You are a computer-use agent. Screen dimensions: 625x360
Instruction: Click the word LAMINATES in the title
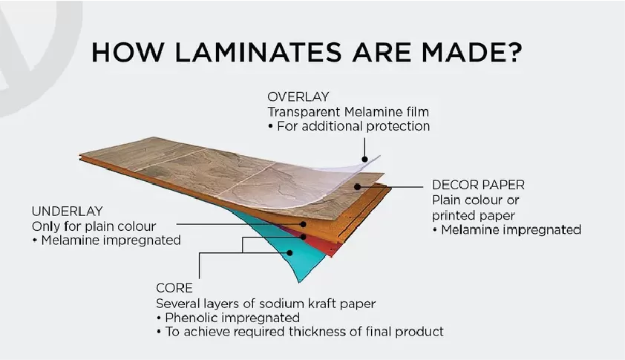[258, 52]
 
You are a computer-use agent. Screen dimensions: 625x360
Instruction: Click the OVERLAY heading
[298, 96]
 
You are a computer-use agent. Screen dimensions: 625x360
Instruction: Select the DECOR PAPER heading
[478, 185]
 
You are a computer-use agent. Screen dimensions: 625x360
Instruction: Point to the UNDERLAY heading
[68, 211]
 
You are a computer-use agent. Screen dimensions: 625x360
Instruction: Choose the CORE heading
[174, 288]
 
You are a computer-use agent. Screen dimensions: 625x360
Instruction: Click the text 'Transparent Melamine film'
[348, 111]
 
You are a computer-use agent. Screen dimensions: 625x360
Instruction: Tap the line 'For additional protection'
[353, 126]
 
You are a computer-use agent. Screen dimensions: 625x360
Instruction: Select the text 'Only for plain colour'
[94, 226]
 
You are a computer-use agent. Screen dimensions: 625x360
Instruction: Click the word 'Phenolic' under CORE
[191, 318]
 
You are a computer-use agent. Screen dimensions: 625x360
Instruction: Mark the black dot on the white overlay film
[364, 159]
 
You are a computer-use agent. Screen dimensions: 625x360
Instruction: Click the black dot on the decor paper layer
[358, 186]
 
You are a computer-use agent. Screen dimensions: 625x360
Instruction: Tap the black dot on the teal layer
[289, 253]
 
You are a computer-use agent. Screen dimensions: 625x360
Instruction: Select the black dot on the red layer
[304, 237]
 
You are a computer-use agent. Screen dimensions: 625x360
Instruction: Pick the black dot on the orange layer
[304, 224]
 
